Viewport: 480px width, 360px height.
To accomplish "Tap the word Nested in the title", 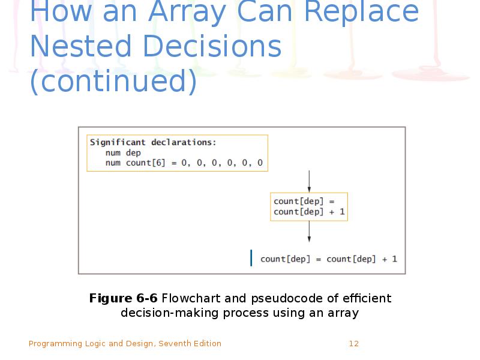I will click(x=75, y=47).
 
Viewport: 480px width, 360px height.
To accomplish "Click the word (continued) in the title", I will click(x=113, y=82).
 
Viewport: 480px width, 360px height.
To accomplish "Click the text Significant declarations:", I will click(x=153, y=142).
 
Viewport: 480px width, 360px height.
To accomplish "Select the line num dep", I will click(x=122, y=153).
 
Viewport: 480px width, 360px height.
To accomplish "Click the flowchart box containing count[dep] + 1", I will click(x=309, y=206).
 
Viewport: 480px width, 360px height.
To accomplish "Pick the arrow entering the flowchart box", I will click(x=309, y=181).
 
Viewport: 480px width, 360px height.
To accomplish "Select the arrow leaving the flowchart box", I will click(x=309, y=232).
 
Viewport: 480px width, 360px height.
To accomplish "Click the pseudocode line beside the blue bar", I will click(x=328, y=259).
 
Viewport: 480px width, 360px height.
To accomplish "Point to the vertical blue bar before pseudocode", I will click(x=251, y=259).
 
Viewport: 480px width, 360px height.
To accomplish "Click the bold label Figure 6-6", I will click(x=123, y=298).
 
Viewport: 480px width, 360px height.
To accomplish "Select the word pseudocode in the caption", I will click(x=275, y=298).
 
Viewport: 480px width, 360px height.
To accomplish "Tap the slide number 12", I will click(x=353, y=344).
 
